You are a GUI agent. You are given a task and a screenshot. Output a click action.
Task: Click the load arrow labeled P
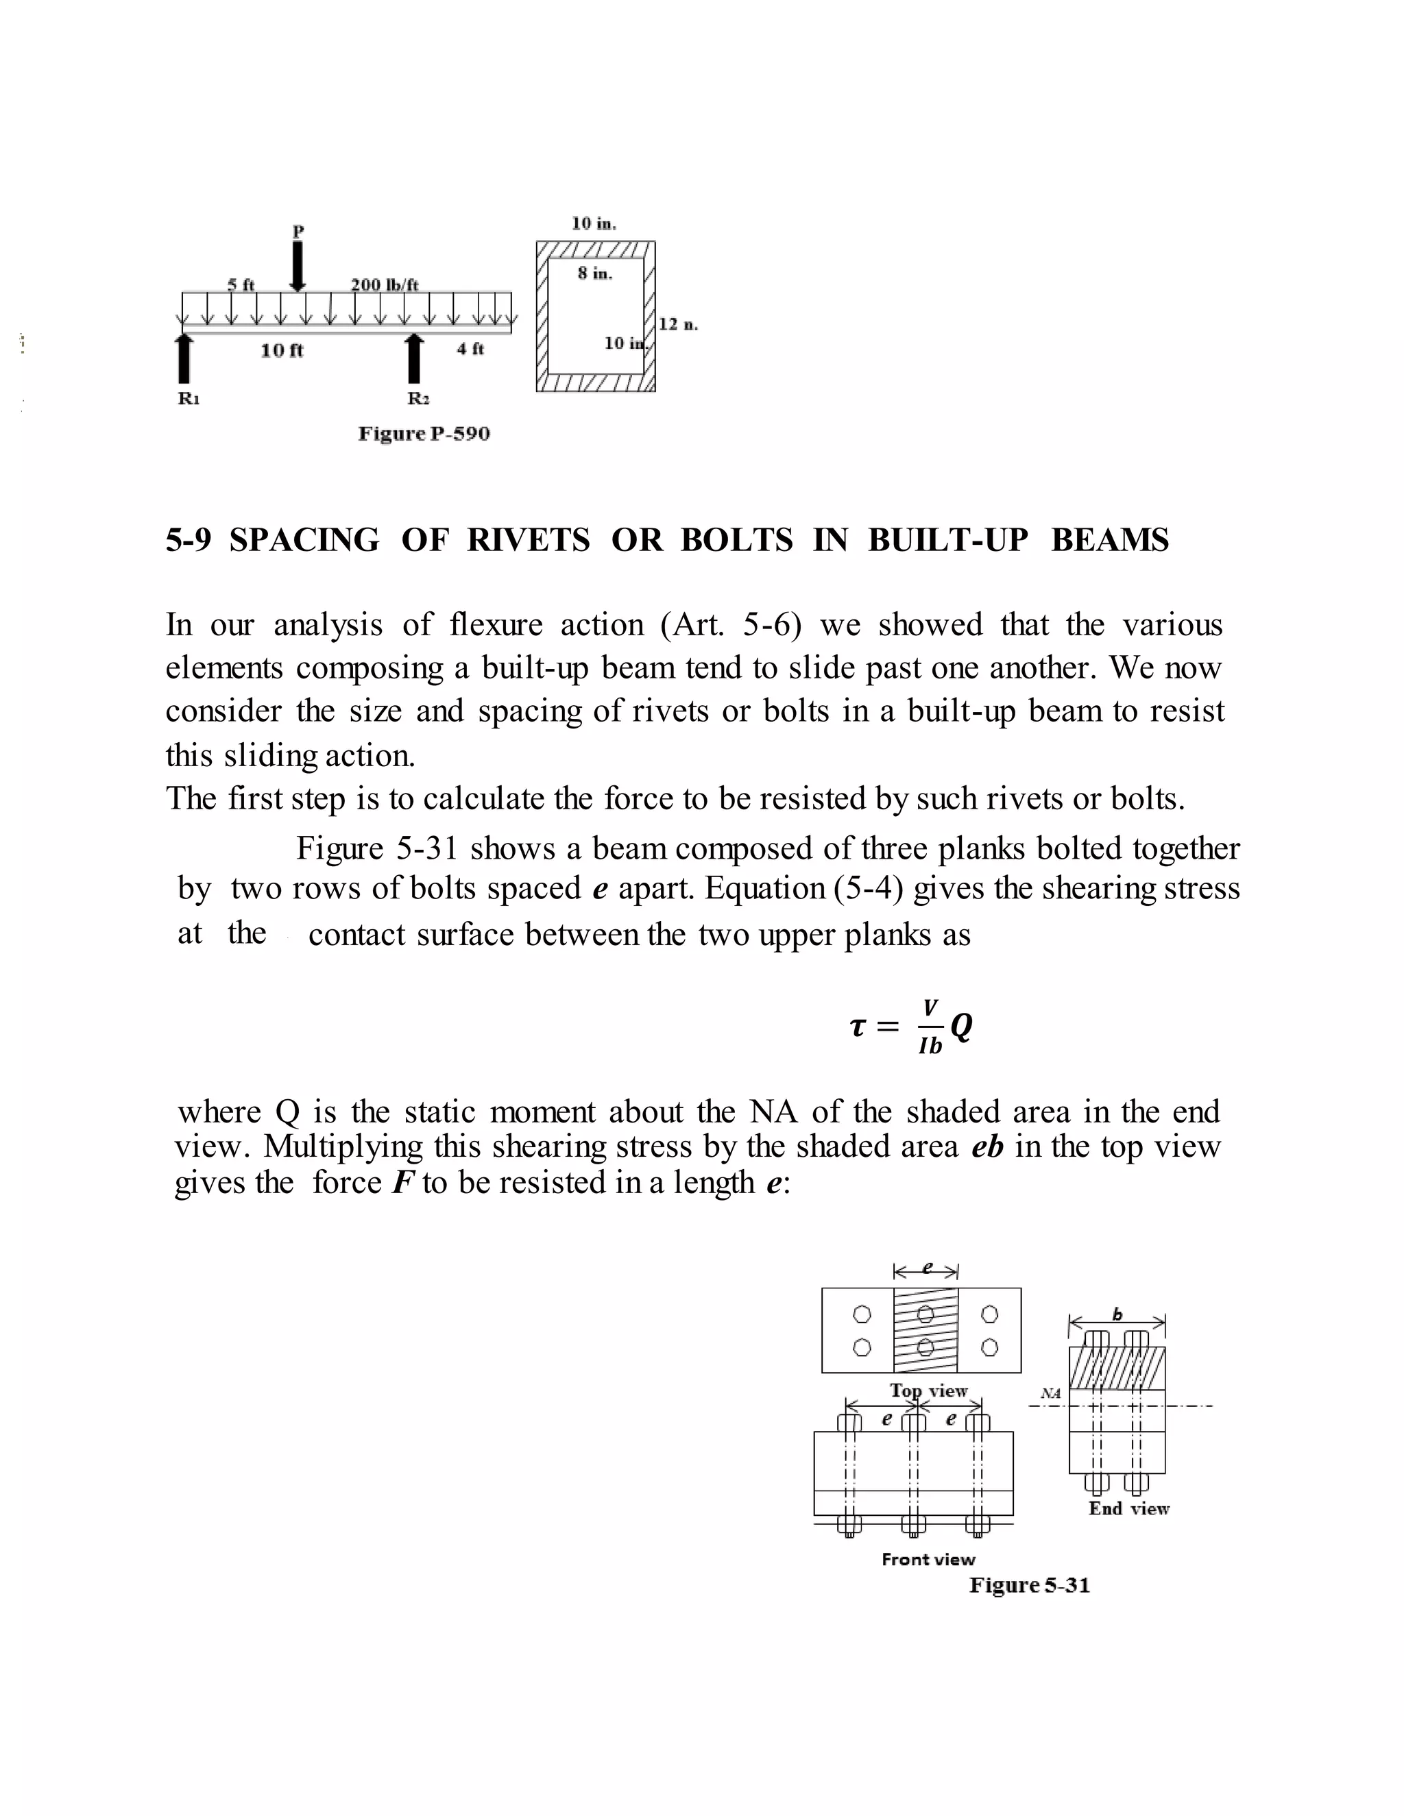[297, 265]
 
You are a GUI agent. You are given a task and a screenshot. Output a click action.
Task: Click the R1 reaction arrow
[184, 359]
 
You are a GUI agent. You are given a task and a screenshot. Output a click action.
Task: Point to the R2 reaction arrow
[413, 359]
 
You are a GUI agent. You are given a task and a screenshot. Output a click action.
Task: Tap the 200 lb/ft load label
[385, 284]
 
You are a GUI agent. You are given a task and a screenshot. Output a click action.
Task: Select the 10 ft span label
[282, 351]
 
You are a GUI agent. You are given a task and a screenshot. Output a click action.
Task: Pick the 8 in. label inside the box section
[594, 273]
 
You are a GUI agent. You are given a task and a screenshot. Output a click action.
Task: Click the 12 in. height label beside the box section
[678, 324]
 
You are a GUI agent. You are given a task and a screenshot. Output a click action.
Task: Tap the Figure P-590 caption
[424, 434]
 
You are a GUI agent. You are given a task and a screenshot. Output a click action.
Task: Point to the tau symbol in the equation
[858, 1027]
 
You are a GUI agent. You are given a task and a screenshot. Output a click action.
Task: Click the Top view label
[928, 1390]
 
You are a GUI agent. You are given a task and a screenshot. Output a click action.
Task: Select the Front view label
[928, 1559]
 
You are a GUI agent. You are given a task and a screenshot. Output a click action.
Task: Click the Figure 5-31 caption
[1029, 1585]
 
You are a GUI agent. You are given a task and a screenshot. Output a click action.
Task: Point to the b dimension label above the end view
[1117, 1314]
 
